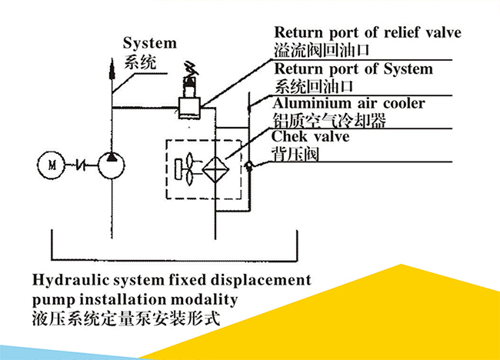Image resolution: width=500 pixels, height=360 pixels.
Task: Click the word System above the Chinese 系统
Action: [x=150, y=44]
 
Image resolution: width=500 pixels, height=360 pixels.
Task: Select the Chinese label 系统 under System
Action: [x=140, y=62]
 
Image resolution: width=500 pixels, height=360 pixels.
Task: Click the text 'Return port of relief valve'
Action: [x=368, y=33]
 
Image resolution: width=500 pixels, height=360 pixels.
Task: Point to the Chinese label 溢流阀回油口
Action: [x=322, y=51]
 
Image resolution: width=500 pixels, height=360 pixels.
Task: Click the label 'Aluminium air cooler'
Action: [x=348, y=103]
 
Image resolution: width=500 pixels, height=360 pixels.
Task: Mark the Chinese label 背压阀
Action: [x=296, y=154]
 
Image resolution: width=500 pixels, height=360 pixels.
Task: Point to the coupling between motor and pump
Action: [x=81, y=164]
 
